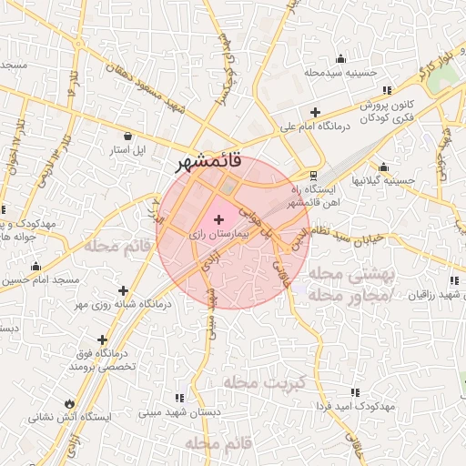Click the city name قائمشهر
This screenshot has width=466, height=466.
210,163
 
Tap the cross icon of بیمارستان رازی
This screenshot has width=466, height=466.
218,218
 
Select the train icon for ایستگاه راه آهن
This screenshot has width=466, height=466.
314,174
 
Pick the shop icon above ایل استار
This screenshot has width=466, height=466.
127,136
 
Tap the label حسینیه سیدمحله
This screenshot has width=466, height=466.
340,72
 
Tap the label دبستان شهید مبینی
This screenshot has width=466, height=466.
180,412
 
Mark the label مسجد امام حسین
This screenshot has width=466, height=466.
41,279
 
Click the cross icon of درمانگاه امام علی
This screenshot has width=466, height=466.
314,112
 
